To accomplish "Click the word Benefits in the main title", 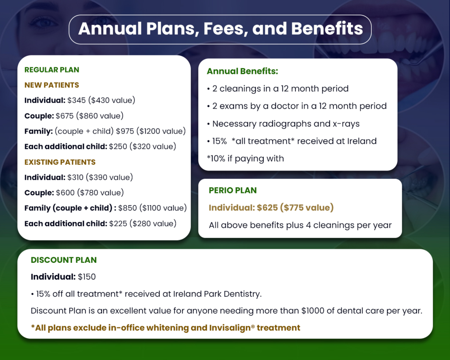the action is point(327,29).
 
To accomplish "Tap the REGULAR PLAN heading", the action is point(52,70).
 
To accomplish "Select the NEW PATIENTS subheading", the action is point(52,85).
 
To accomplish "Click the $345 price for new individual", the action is point(76,100).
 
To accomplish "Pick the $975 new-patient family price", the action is point(125,131).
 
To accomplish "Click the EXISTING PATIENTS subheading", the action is point(60,162).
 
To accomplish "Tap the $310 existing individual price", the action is point(76,178).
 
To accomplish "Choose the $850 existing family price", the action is point(127,208).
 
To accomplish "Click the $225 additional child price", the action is point(118,224).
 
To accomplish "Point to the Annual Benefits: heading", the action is point(243,71).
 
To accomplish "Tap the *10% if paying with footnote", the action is point(245,159).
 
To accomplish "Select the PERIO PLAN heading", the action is point(233,190).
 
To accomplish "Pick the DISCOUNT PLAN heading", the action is point(64,260).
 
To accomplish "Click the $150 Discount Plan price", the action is point(87,277).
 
